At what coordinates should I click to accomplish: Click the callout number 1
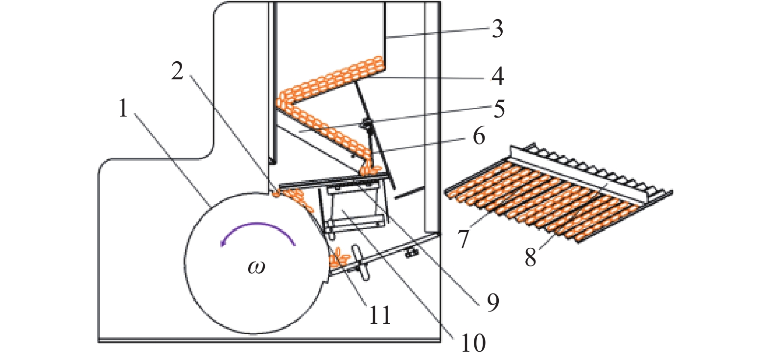(123, 107)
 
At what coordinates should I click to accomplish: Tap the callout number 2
(177, 72)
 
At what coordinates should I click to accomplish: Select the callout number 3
(497, 28)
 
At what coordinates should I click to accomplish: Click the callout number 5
(499, 109)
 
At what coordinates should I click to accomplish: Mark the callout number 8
(531, 257)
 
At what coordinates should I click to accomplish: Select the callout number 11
(380, 315)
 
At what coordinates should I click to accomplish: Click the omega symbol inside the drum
(257, 267)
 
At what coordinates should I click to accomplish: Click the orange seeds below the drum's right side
(339, 258)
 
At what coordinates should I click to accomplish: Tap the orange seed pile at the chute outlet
(370, 169)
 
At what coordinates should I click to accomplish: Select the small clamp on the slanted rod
(367, 124)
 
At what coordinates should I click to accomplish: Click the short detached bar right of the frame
(409, 193)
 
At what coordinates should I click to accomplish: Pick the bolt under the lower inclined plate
(412, 253)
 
